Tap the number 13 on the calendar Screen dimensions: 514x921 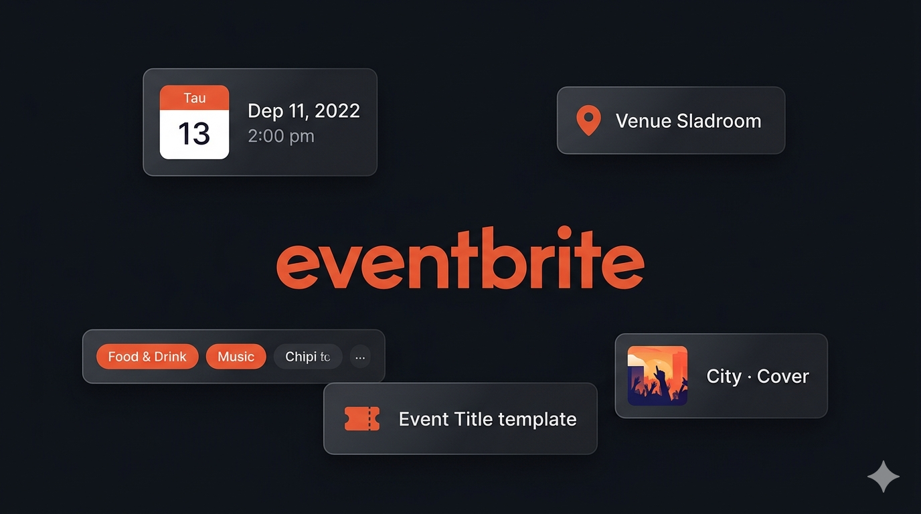[194, 133]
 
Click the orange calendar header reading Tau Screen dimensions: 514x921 [194, 98]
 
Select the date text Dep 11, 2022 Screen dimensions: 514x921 [304, 110]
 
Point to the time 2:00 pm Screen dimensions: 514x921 [280, 136]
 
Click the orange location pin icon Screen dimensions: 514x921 [588, 120]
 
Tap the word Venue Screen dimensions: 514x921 [643, 121]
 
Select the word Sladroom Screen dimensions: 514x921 [719, 121]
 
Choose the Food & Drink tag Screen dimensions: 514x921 [147, 357]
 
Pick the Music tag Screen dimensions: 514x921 [236, 357]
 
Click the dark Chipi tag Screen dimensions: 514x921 [307, 357]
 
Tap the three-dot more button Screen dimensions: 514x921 [360, 357]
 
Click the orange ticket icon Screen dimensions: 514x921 [362, 419]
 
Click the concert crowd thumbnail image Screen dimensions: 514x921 [657, 375]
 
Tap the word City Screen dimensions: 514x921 [724, 376]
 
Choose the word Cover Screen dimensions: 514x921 [783, 376]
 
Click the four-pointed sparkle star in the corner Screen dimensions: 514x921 [883, 477]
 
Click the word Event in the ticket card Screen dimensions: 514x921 [423, 419]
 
